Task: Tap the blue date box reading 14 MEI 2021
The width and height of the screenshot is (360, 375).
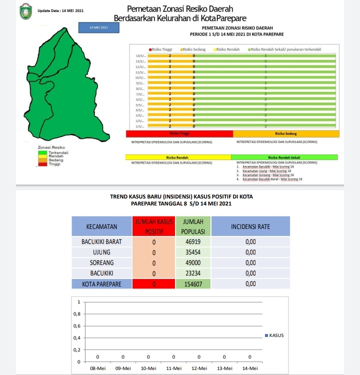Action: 98,27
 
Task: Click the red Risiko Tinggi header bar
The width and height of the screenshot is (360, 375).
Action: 179,133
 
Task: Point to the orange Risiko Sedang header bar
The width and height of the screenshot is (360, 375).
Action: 286,133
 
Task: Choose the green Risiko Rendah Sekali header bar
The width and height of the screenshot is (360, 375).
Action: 283,157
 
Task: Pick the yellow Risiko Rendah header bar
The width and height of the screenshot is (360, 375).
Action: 178,157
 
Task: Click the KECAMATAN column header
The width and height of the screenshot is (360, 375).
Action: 101,226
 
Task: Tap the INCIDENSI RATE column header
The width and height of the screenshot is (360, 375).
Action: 250,226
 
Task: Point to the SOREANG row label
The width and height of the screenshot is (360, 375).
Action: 101,262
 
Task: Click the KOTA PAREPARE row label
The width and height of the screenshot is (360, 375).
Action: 101,284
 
